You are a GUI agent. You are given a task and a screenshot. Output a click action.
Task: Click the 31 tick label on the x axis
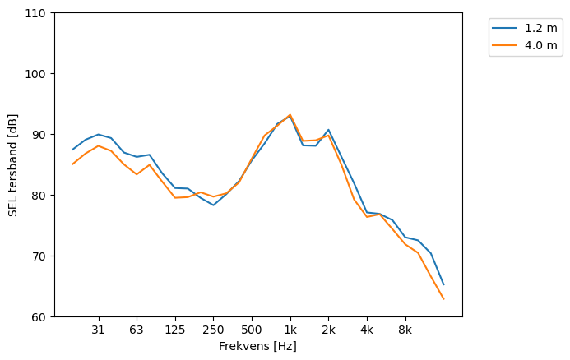(98, 330)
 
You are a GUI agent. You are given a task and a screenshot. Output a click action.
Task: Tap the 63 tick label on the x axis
(137, 330)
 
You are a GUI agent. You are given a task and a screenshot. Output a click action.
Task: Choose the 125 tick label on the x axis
(174, 330)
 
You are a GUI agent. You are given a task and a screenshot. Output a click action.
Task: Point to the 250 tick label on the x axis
(213, 330)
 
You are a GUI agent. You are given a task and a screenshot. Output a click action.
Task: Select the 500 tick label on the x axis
(252, 330)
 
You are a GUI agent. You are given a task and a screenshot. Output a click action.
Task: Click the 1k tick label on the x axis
(290, 330)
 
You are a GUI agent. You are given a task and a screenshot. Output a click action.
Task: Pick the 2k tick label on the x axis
(328, 330)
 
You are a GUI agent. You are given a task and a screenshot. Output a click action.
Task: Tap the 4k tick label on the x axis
(367, 330)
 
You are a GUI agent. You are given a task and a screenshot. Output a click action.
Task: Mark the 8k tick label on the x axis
(405, 330)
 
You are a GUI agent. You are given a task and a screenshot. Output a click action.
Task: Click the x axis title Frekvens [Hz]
(257, 346)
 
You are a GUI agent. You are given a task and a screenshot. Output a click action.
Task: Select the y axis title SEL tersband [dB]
(12, 164)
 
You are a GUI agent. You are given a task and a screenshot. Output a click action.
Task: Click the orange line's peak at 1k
(290, 115)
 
